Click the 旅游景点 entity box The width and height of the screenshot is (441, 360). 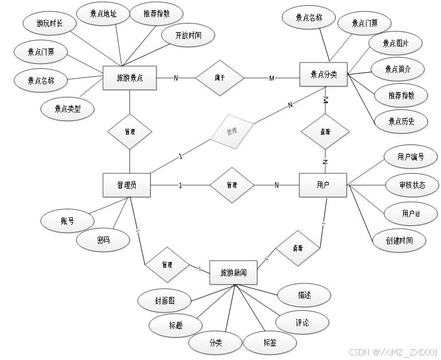pos(129,78)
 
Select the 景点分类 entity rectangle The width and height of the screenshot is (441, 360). pos(324,74)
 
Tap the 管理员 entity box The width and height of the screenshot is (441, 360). pos(126,185)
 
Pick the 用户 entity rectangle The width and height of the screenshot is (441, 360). pos(323,185)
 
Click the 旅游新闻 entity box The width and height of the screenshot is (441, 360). pos(233,273)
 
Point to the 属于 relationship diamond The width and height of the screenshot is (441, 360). pos(219,77)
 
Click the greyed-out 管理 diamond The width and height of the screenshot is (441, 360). pos(231,132)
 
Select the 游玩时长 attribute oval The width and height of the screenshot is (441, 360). pos(49,24)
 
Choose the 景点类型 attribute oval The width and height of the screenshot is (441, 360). pos(68,108)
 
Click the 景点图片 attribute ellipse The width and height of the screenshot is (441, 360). pos(395,44)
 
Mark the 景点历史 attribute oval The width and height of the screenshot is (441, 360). pos(400,121)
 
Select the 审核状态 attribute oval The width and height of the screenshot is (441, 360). pos(412,185)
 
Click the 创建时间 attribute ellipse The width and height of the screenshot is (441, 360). pos(399,240)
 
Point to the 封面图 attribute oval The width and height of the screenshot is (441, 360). pos(164,300)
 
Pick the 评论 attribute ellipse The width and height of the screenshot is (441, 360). pos(302,323)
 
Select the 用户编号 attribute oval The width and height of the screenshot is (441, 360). pos(411,156)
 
